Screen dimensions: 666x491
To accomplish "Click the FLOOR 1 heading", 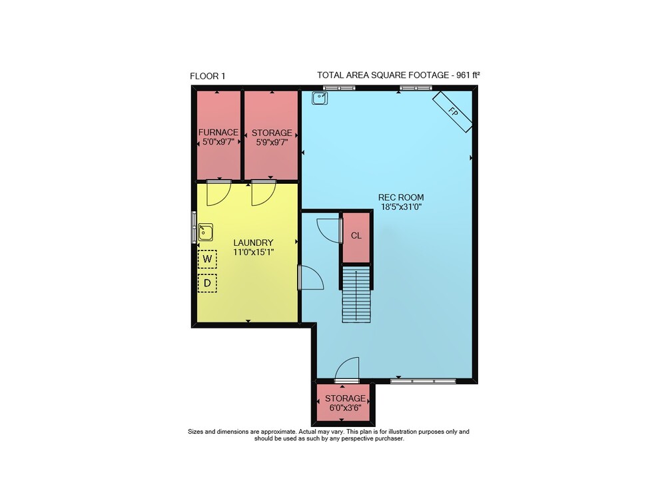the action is (x=207, y=76).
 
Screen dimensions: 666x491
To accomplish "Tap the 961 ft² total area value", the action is (x=468, y=75).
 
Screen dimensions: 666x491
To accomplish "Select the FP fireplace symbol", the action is (x=452, y=112).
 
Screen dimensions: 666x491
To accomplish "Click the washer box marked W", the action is (x=207, y=259).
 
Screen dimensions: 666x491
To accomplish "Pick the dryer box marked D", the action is (x=207, y=283).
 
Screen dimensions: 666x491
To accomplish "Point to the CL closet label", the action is (x=356, y=235).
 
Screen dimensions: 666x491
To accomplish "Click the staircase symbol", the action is (x=357, y=294).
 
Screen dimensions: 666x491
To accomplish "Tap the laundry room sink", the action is (x=206, y=233).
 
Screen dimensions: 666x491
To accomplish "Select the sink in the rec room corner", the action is (x=320, y=98).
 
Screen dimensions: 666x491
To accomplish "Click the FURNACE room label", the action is (x=218, y=133).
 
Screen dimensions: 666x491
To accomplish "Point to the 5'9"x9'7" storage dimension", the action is (x=272, y=143).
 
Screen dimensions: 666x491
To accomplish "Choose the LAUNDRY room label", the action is (x=253, y=243).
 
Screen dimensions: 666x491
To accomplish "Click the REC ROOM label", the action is (x=401, y=197).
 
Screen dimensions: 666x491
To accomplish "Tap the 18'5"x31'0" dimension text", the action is (x=401, y=207).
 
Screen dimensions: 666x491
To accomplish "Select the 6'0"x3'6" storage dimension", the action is (x=345, y=408).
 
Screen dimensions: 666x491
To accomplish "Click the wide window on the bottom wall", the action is (x=423, y=381).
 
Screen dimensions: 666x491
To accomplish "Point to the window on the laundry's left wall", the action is (x=194, y=227).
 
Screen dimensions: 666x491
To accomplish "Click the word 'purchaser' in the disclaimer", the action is (x=389, y=438).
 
